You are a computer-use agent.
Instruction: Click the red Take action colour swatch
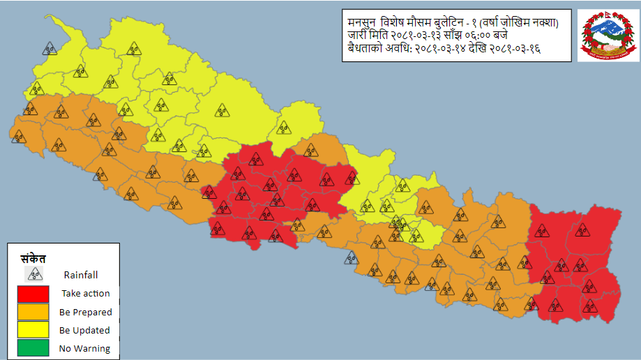click(x=29, y=293)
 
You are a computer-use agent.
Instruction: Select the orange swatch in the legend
click(x=29, y=311)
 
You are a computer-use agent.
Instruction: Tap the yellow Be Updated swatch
click(x=29, y=329)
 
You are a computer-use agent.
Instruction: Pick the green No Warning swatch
click(x=29, y=347)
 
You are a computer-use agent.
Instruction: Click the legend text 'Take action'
click(x=85, y=293)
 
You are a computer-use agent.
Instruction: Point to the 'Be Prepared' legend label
click(x=85, y=312)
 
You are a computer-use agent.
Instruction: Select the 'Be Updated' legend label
click(x=84, y=330)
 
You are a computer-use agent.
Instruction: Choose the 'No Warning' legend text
click(x=84, y=348)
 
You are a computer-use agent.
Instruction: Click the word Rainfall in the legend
click(x=81, y=274)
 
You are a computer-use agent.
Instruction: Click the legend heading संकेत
click(x=33, y=256)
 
